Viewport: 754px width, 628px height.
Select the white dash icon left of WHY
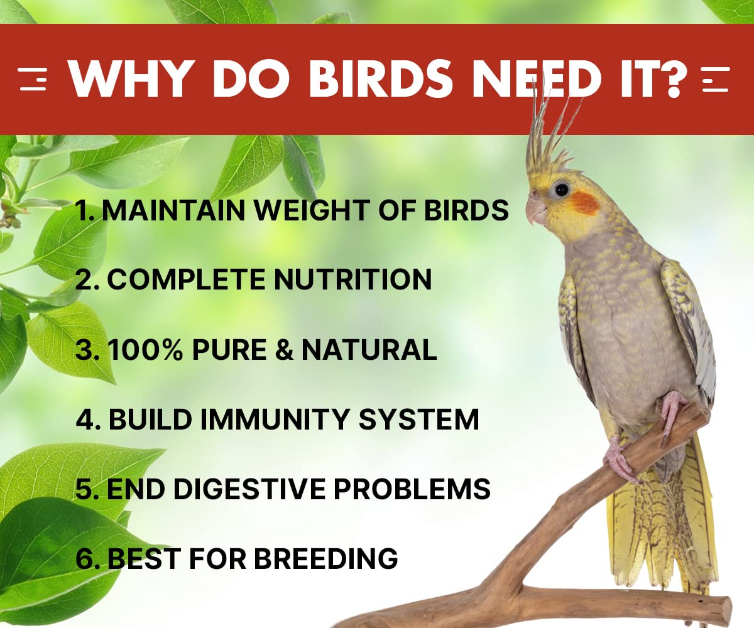pyautogui.click(x=33, y=80)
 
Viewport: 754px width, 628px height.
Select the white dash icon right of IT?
pyautogui.click(x=715, y=80)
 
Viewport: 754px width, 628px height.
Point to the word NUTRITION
pyautogui.click(x=352, y=279)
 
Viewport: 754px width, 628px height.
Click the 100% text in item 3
pyautogui.click(x=144, y=350)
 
